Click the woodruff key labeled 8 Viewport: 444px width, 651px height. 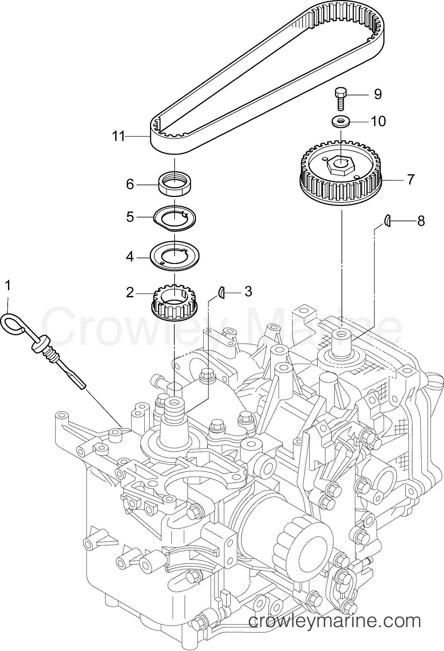pyautogui.click(x=386, y=220)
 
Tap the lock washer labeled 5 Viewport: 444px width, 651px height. pyautogui.click(x=175, y=218)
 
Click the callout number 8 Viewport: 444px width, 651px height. pyautogui.click(x=421, y=221)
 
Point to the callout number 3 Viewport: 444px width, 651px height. pyautogui.click(x=248, y=292)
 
